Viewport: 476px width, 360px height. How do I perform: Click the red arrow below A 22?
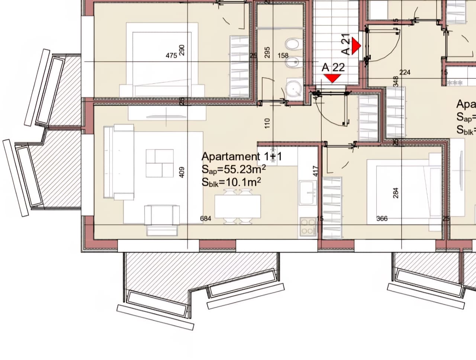tap(332, 78)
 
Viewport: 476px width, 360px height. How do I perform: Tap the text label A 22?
tap(333, 67)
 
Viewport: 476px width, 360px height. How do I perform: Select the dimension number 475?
tap(171, 56)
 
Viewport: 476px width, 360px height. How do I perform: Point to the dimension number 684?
tap(206, 218)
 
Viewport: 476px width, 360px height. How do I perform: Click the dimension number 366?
tap(382, 218)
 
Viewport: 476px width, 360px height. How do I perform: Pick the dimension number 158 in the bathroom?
tap(283, 56)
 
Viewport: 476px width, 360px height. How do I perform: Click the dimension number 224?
tap(405, 72)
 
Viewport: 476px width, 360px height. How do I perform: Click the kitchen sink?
tap(308, 192)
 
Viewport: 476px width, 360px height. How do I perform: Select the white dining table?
tap(238, 207)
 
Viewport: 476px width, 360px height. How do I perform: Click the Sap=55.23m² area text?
tap(234, 170)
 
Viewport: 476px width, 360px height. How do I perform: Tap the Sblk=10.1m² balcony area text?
tap(231, 182)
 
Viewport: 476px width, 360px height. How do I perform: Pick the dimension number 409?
tap(182, 172)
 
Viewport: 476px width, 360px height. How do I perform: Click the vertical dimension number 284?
tap(396, 193)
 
